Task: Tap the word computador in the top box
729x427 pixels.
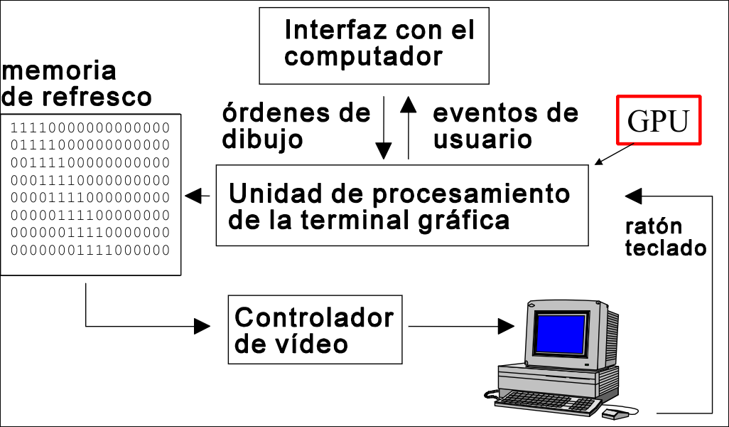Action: pyautogui.click(x=363, y=56)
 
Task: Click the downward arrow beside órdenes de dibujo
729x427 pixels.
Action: pyautogui.click(x=384, y=128)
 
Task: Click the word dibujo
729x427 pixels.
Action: pyautogui.click(x=262, y=139)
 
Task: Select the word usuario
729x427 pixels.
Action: pyautogui.click(x=482, y=139)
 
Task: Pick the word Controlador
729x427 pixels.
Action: pyautogui.click(x=313, y=317)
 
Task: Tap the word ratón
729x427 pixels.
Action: pyautogui.click(x=654, y=226)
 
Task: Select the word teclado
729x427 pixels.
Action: pyautogui.click(x=666, y=248)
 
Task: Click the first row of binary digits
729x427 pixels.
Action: pyautogui.click(x=90, y=128)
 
